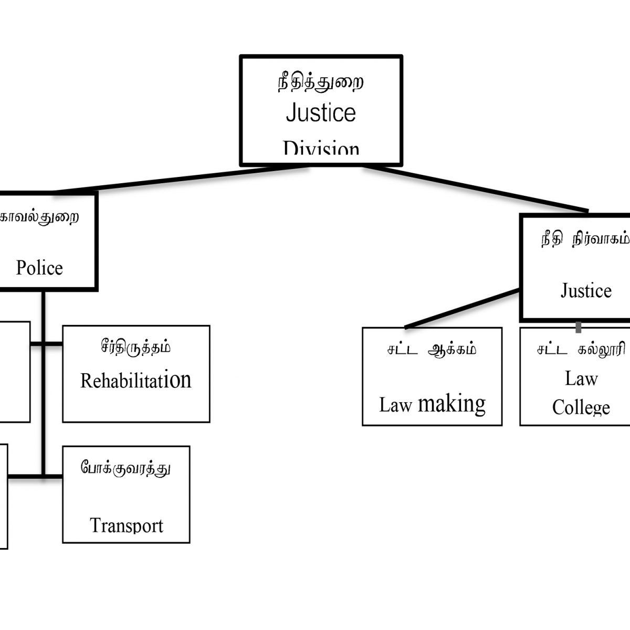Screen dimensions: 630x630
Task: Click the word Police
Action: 39,268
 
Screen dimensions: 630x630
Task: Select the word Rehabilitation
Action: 135,380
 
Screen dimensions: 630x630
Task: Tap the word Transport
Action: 127,526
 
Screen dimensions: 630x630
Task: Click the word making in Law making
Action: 451,404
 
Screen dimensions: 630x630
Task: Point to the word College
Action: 581,407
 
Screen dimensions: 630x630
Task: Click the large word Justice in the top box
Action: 321,113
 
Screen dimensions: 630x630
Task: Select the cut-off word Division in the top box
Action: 321,149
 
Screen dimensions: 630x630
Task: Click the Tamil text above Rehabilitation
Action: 135,348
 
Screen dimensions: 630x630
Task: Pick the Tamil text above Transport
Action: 126,467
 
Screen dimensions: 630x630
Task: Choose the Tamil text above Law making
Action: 432,350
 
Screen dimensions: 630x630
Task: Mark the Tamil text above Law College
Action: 581,350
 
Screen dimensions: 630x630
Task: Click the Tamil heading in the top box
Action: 320,83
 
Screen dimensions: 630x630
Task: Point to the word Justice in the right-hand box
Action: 586,290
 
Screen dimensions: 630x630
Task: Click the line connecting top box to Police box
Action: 178,179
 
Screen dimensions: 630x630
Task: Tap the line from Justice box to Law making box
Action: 462,309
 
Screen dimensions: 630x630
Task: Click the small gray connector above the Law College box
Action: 579,327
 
